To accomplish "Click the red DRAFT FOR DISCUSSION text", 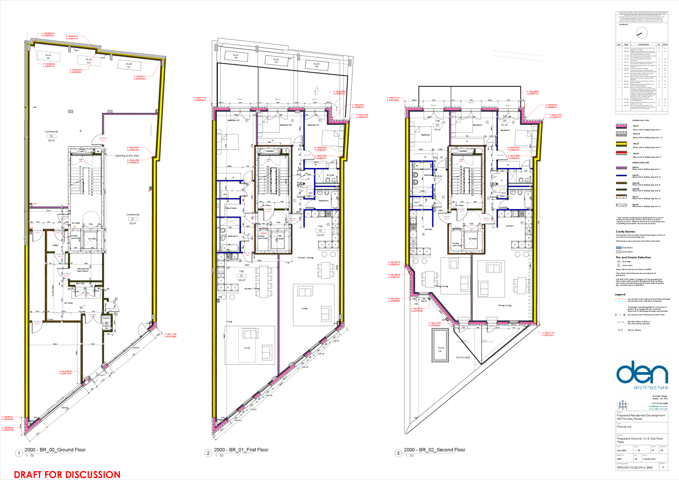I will [x=67, y=474].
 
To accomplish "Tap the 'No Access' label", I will [x=463, y=357].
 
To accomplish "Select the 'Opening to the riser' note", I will [x=127, y=156].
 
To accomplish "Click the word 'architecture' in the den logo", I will [x=650, y=387].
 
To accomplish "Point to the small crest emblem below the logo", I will [x=623, y=404].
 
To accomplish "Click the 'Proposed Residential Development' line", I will [x=641, y=415].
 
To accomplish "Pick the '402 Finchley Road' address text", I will [x=629, y=419].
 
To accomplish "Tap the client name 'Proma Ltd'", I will [x=624, y=427].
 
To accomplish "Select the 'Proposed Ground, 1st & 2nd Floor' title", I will [x=640, y=439].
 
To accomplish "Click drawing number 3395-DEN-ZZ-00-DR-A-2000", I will [x=634, y=467].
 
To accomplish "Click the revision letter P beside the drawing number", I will [x=663, y=467].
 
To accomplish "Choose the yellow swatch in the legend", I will [x=621, y=144].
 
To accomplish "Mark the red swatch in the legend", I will [x=621, y=153].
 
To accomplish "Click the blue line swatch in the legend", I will [x=621, y=175].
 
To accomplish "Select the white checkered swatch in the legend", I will [x=621, y=134].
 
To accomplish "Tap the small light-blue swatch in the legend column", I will [x=619, y=248].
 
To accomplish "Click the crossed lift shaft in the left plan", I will [x=90, y=240].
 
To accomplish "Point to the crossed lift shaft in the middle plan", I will [x=278, y=240].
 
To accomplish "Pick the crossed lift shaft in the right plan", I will [x=471, y=240].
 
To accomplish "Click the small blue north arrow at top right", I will [x=640, y=34].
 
